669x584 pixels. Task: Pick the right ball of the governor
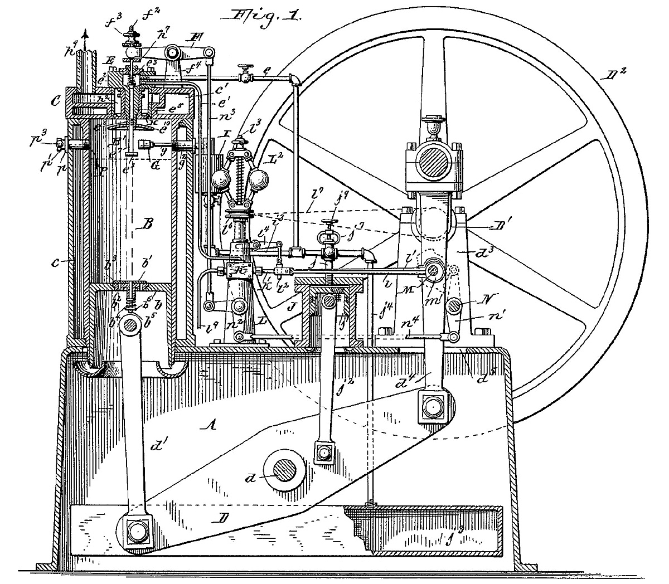(260, 180)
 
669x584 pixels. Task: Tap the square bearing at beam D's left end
(135, 532)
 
